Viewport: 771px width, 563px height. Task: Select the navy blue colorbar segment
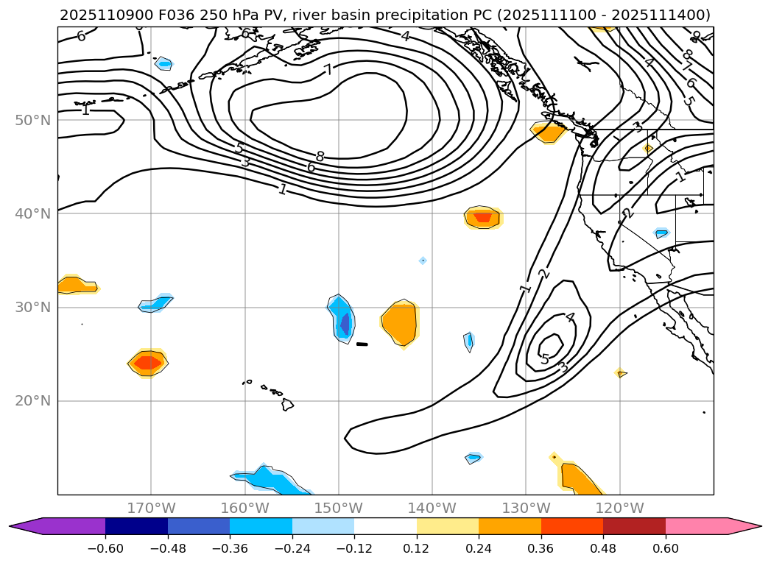pyautogui.click(x=136, y=526)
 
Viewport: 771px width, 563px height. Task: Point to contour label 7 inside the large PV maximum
pyautogui.click(x=328, y=70)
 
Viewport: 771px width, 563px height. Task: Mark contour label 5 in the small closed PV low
pyautogui.click(x=545, y=359)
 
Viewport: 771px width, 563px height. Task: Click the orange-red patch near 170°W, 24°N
pyautogui.click(x=148, y=362)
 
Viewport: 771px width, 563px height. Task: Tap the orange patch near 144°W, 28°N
pyautogui.click(x=401, y=322)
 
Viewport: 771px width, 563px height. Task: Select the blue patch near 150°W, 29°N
pyautogui.click(x=342, y=319)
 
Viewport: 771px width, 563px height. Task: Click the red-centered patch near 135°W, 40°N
pyautogui.click(x=483, y=217)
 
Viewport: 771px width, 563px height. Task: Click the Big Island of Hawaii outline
pyautogui.click(x=287, y=404)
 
